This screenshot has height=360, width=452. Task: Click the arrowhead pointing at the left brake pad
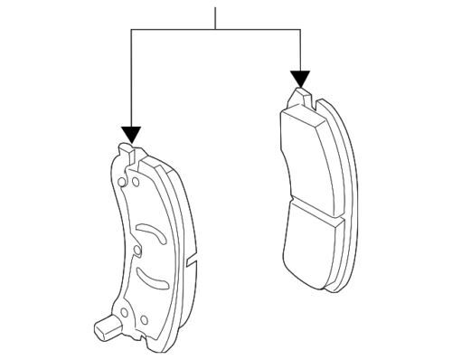pos(132,135)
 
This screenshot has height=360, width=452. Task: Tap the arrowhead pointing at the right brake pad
pos(299,80)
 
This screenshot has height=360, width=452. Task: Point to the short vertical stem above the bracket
pos(216,16)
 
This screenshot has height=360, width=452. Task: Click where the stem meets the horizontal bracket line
pos(216,30)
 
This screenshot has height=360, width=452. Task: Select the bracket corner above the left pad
pos(132,30)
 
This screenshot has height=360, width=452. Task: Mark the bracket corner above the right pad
pos(299,30)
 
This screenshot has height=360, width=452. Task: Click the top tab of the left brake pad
pos(128,151)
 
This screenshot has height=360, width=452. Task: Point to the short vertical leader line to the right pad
pos(299,50)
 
